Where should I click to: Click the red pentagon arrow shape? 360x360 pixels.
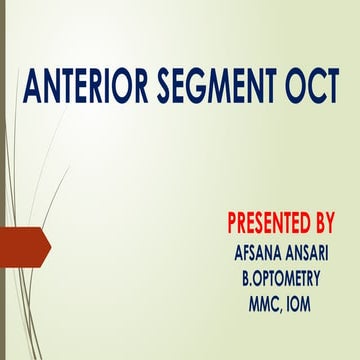(22, 244)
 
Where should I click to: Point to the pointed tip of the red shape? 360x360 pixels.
(49, 244)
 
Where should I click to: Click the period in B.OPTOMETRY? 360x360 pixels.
(247, 275)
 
